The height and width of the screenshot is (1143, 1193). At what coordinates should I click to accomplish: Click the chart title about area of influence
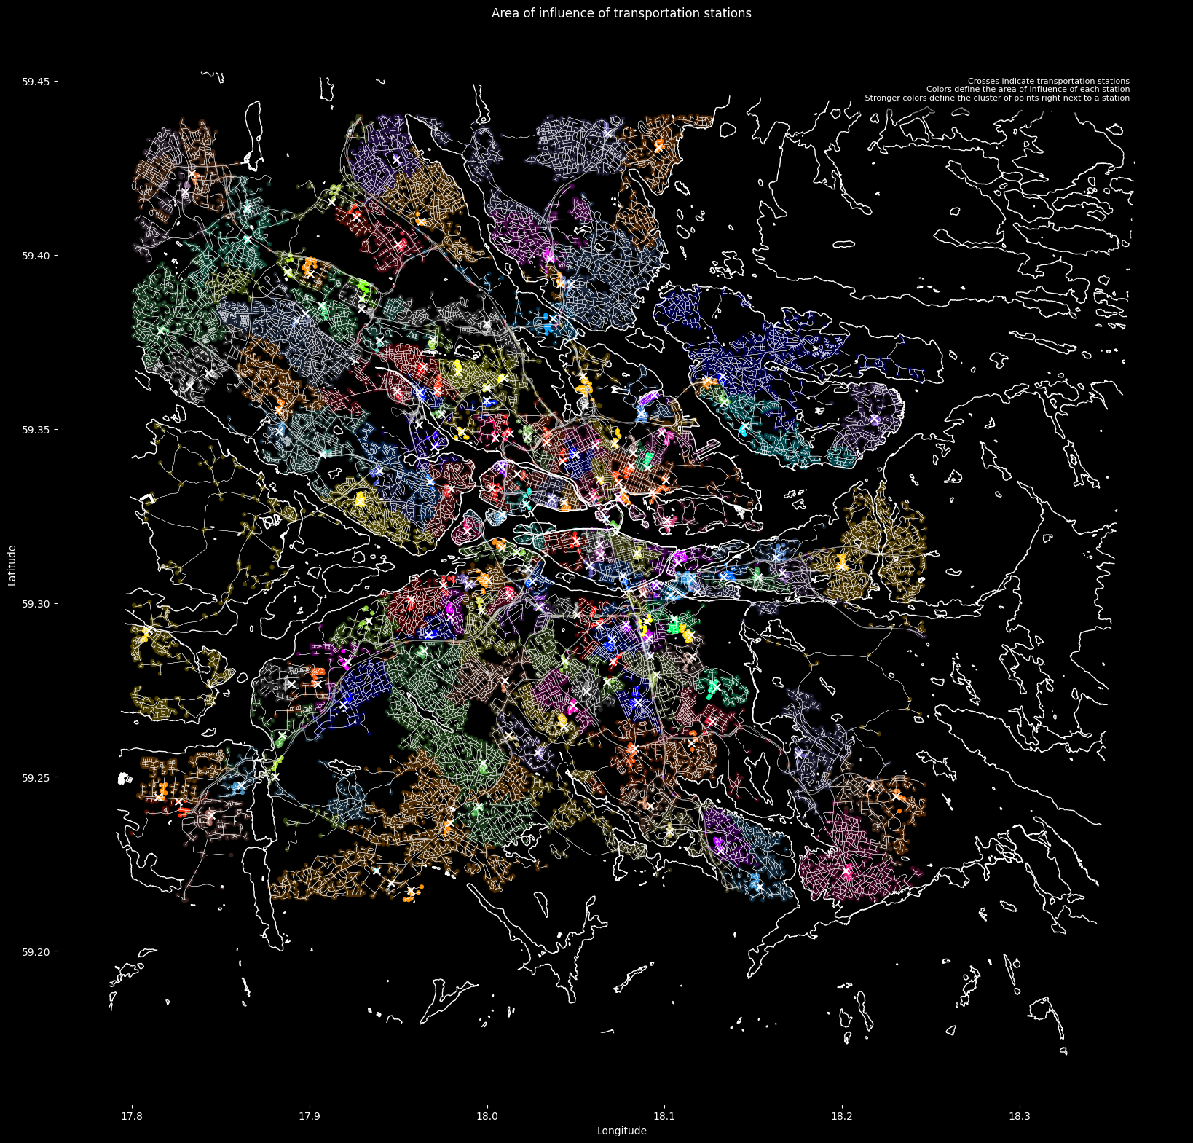(621, 13)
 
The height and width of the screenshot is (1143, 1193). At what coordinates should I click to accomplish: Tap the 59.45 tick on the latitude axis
(35, 82)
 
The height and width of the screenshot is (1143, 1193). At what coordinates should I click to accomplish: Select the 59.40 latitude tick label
(35, 256)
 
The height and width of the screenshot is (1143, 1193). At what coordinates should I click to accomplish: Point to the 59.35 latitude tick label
(35, 430)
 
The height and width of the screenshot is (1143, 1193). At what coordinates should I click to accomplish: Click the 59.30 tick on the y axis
(35, 604)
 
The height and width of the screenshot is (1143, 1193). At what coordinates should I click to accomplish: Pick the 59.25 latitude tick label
(35, 778)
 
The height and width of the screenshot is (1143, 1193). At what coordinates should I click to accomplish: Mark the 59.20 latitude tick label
(35, 952)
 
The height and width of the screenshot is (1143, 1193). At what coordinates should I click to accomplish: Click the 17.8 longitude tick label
(132, 1117)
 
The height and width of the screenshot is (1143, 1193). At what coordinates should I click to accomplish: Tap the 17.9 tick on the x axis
(310, 1117)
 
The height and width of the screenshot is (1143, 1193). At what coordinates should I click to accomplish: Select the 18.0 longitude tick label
(487, 1117)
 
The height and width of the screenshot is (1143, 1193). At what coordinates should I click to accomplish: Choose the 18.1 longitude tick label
(664, 1117)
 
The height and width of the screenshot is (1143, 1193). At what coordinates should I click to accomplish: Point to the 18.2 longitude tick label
(842, 1117)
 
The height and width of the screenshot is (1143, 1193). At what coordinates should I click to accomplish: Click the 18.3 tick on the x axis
(1020, 1117)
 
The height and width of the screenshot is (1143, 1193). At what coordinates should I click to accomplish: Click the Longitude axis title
(621, 1131)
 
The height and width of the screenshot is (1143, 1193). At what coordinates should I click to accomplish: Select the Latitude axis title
(12, 565)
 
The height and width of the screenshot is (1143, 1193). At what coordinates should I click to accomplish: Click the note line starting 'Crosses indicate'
(1048, 81)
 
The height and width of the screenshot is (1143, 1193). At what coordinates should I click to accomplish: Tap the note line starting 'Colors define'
(1028, 89)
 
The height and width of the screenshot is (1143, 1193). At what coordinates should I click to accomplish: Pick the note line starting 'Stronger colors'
(997, 98)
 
